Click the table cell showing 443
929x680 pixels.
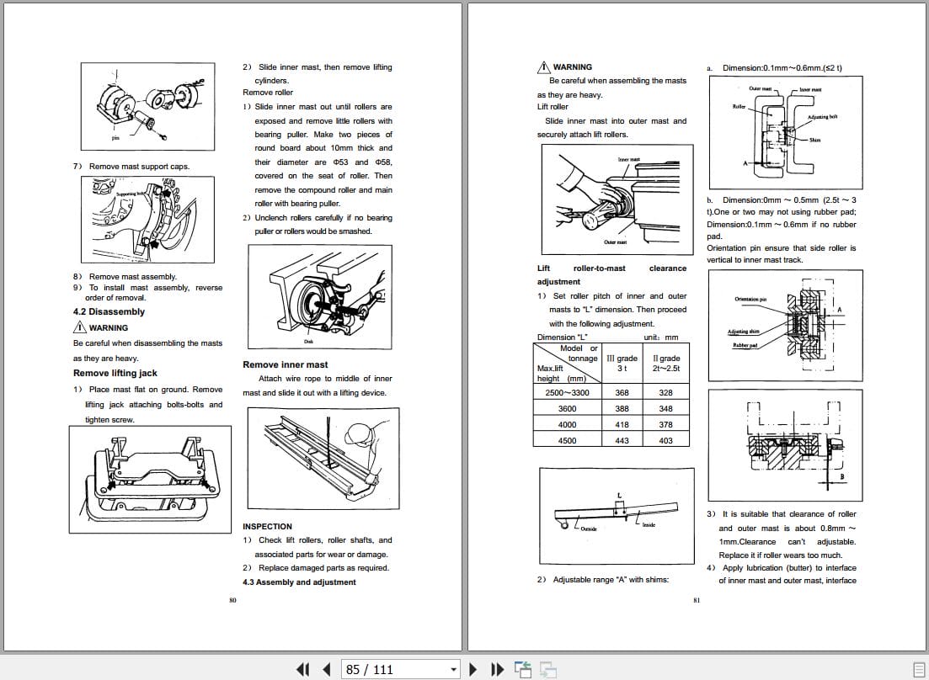(x=622, y=440)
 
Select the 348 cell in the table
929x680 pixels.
(x=665, y=409)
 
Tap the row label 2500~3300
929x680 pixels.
(x=567, y=393)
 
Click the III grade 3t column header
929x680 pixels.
(x=622, y=364)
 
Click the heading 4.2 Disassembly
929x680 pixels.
(x=109, y=311)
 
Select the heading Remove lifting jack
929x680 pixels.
(x=115, y=373)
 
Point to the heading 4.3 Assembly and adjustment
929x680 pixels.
(x=299, y=582)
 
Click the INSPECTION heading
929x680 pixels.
(x=267, y=527)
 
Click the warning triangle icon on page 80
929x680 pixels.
(x=80, y=327)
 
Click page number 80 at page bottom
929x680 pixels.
(x=232, y=600)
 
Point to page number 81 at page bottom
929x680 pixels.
(x=697, y=600)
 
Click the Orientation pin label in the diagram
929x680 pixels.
(x=750, y=300)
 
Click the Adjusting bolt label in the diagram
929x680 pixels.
(x=821, y=117)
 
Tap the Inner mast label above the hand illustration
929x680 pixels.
(x=628, y=160)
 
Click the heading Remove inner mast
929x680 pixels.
(x=285, y=364)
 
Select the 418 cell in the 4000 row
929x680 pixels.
(x=622, y=425)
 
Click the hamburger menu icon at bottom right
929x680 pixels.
(x=918, y=669)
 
